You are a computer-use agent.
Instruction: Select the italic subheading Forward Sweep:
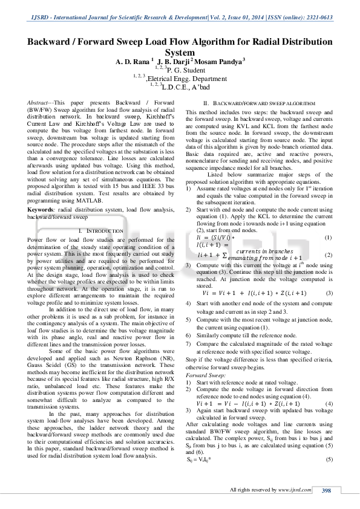[203, 375]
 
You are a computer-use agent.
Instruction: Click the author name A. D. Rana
[133, 62]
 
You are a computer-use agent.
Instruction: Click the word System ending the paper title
[180, 53]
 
